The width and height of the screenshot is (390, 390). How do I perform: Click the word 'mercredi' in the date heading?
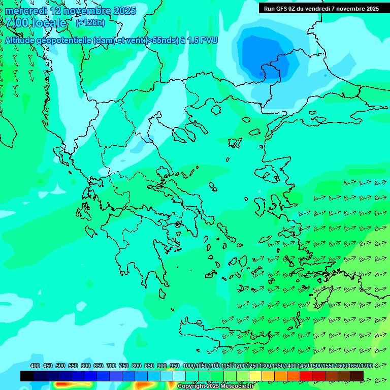click(27, 11)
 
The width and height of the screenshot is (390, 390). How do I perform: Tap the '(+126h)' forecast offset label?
click(90, 22)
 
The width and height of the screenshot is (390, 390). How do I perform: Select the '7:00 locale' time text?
click(36, 23)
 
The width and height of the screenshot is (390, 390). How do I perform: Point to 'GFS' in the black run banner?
click(285, 9)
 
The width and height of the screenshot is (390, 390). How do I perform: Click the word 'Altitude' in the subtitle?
click(20, 40)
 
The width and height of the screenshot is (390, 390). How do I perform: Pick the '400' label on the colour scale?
click(35, 366)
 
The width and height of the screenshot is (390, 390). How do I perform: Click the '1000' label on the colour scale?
click(188, 366)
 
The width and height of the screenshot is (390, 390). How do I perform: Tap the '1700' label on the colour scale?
click(367, 366)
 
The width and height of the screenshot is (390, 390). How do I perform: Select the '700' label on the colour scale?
click(111, 366)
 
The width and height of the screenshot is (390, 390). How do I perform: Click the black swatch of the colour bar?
click(27, 376)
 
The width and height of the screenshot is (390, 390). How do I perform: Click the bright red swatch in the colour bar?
click(306, 376)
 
